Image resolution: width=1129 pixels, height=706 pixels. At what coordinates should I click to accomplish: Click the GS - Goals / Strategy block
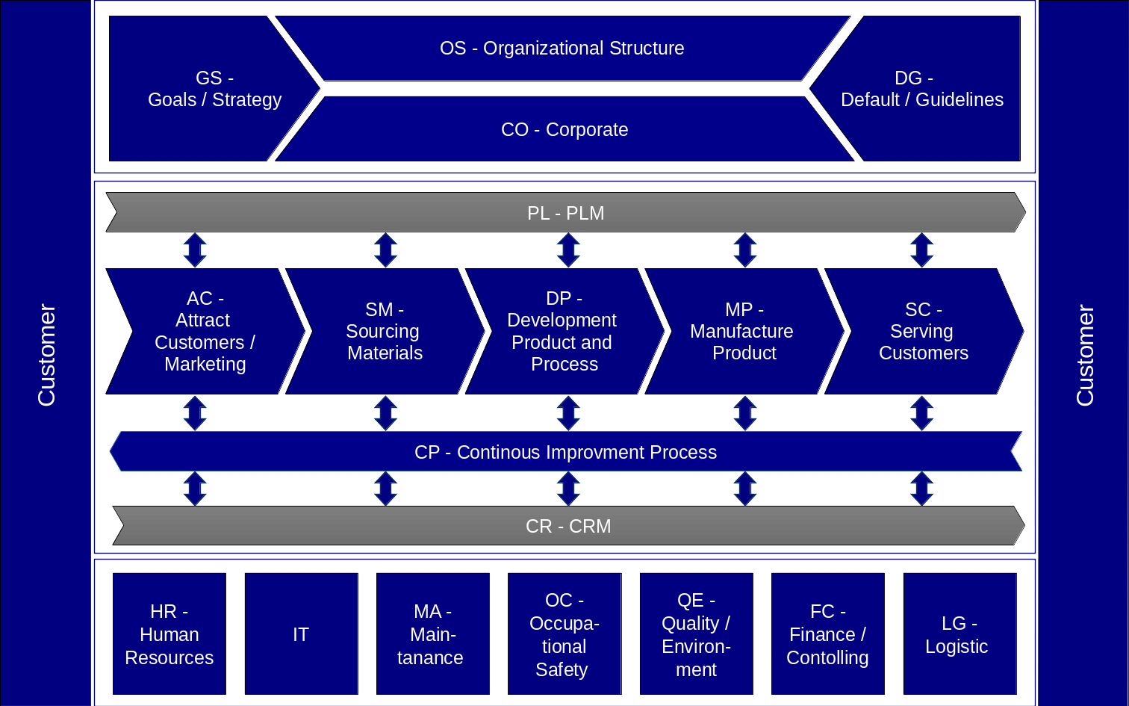click(202, 89)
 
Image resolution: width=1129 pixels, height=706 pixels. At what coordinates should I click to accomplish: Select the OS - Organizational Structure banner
click(562, 49)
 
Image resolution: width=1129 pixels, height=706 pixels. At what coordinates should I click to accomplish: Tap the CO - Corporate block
click(564, 129)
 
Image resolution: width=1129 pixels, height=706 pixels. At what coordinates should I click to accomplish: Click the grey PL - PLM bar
click(565, 213)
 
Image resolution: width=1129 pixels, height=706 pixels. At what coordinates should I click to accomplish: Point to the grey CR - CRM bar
click(567, 526)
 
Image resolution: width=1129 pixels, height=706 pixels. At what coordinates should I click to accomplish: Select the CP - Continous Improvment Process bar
click(565, 452)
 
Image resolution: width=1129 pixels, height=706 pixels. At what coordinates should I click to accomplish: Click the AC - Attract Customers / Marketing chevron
click(205, 331)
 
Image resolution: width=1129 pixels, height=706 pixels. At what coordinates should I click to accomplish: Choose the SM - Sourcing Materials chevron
click(385, 331)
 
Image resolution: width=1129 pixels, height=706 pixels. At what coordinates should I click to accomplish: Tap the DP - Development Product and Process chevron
click(564, 331)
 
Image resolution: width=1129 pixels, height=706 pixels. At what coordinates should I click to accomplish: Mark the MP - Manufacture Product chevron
click(743, 331)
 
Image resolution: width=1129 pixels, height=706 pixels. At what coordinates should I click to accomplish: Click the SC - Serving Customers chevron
click(923, 331)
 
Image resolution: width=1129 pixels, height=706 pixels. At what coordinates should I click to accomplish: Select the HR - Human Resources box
click(169, 634)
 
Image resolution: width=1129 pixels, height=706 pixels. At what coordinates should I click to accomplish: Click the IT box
click(301, 634)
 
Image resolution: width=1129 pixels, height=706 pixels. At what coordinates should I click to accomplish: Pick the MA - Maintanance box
click(432, 634)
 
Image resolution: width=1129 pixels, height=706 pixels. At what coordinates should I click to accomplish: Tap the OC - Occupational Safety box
click(564, 634)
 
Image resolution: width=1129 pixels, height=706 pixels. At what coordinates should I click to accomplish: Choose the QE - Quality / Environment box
click(696, 634)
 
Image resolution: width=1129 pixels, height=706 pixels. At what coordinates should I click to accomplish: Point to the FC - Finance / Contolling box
click(827, 634)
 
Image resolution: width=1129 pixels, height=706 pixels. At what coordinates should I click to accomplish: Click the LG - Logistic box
click(960, 634)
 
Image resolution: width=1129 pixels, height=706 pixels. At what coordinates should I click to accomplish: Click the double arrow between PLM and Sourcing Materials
click(385, 250)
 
